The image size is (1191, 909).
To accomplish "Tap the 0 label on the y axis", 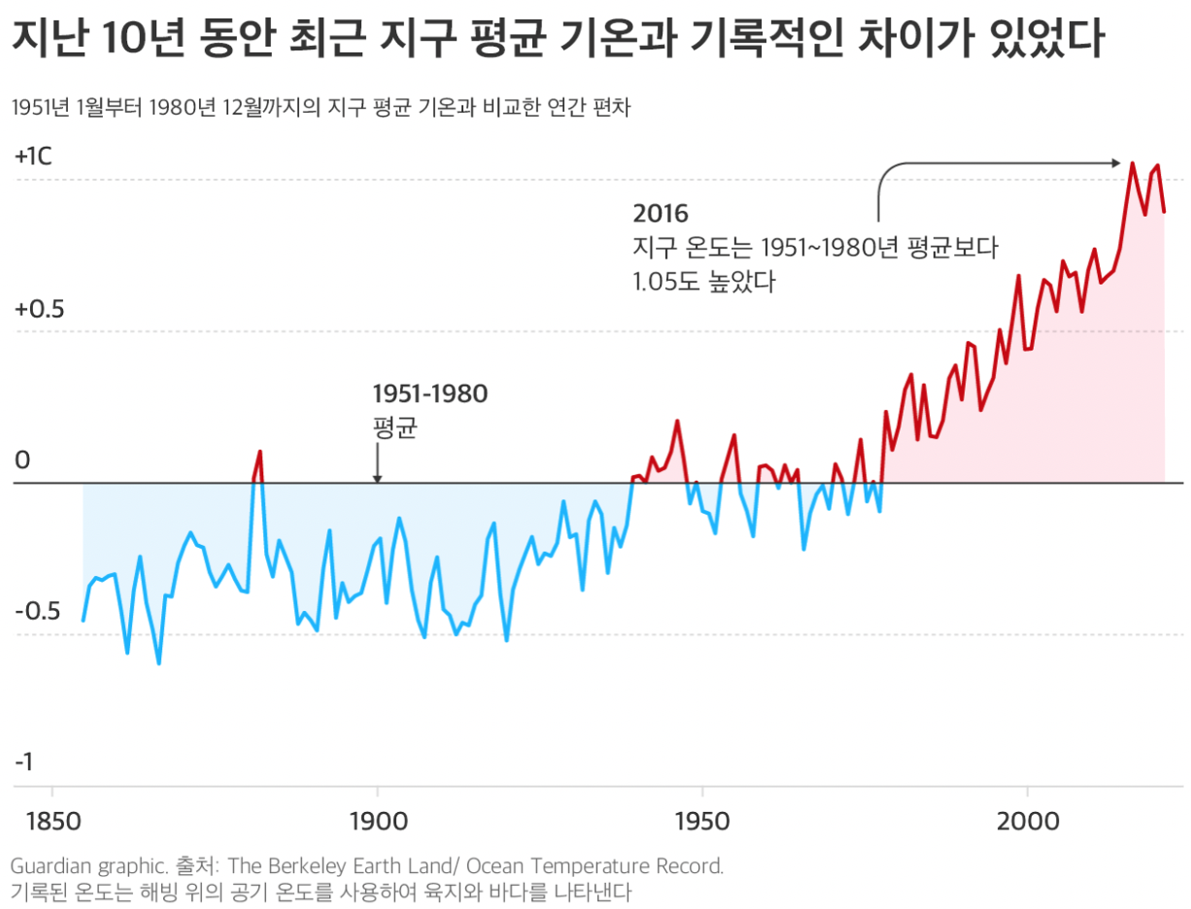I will click(x=21, y=460).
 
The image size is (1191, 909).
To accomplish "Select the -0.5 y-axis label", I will click(x=38, y=613).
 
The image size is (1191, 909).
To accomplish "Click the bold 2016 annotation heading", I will click(x=660, y=213).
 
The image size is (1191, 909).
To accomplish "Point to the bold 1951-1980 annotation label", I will click(x=430, y=393).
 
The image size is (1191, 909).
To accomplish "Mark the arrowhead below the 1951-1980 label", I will click(x=377, y=477).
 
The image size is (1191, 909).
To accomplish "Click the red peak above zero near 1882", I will click(x=260, y=453).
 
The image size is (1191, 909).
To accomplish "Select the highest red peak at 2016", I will click(x=1132, y=163).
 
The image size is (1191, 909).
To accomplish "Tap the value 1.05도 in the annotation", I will click(x=669, y=284).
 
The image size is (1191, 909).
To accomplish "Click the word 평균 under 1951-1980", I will click(x=394, y=428).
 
